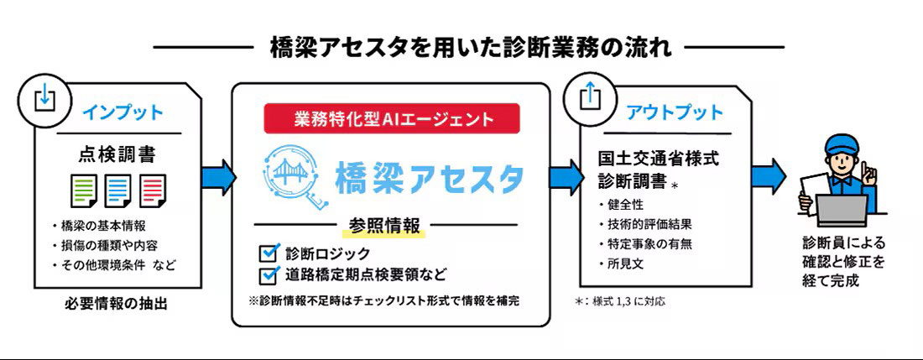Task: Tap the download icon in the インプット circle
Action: click(x=43, y=99)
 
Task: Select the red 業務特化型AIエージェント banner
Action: click(x=393, y=119)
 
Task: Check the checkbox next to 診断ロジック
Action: click(x=269, y=253)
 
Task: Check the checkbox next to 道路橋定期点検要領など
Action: click(x=269, y=274)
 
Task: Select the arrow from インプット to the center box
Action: click(x=218, y=176)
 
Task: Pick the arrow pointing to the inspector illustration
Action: click(x=768, y=176)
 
